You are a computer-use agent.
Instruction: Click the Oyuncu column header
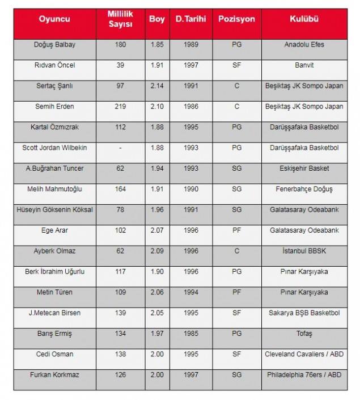pyautogui.click(x=54, y=19)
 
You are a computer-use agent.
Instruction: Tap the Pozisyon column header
pyautogui.click(x=236, y=19)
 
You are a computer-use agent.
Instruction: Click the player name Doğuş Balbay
pyautogui.click(x=54, y=45)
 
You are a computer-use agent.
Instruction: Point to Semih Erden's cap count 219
pyautogui.click(x=120, y=106)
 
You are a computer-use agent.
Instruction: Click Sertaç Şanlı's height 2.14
pyautogui.click(x=156, y=86)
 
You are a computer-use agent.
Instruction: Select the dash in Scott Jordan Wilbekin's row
pyautogui.click(x=120, y=148)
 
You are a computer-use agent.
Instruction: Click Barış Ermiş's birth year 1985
pyautogui.click(x=191, y=334)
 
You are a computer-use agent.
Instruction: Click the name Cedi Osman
pyautogui.click(x=54, y=354)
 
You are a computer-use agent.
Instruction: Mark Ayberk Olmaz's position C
pyautogui.click(x=236, y=251)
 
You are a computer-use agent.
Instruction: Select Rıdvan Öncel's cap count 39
pyautogui.click(x=120, y=65)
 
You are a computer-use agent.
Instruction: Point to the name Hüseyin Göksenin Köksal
pyautogui.click(x=54, y=209)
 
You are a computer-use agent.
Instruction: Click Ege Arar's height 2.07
pyautogui.click(x=156, y=230)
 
